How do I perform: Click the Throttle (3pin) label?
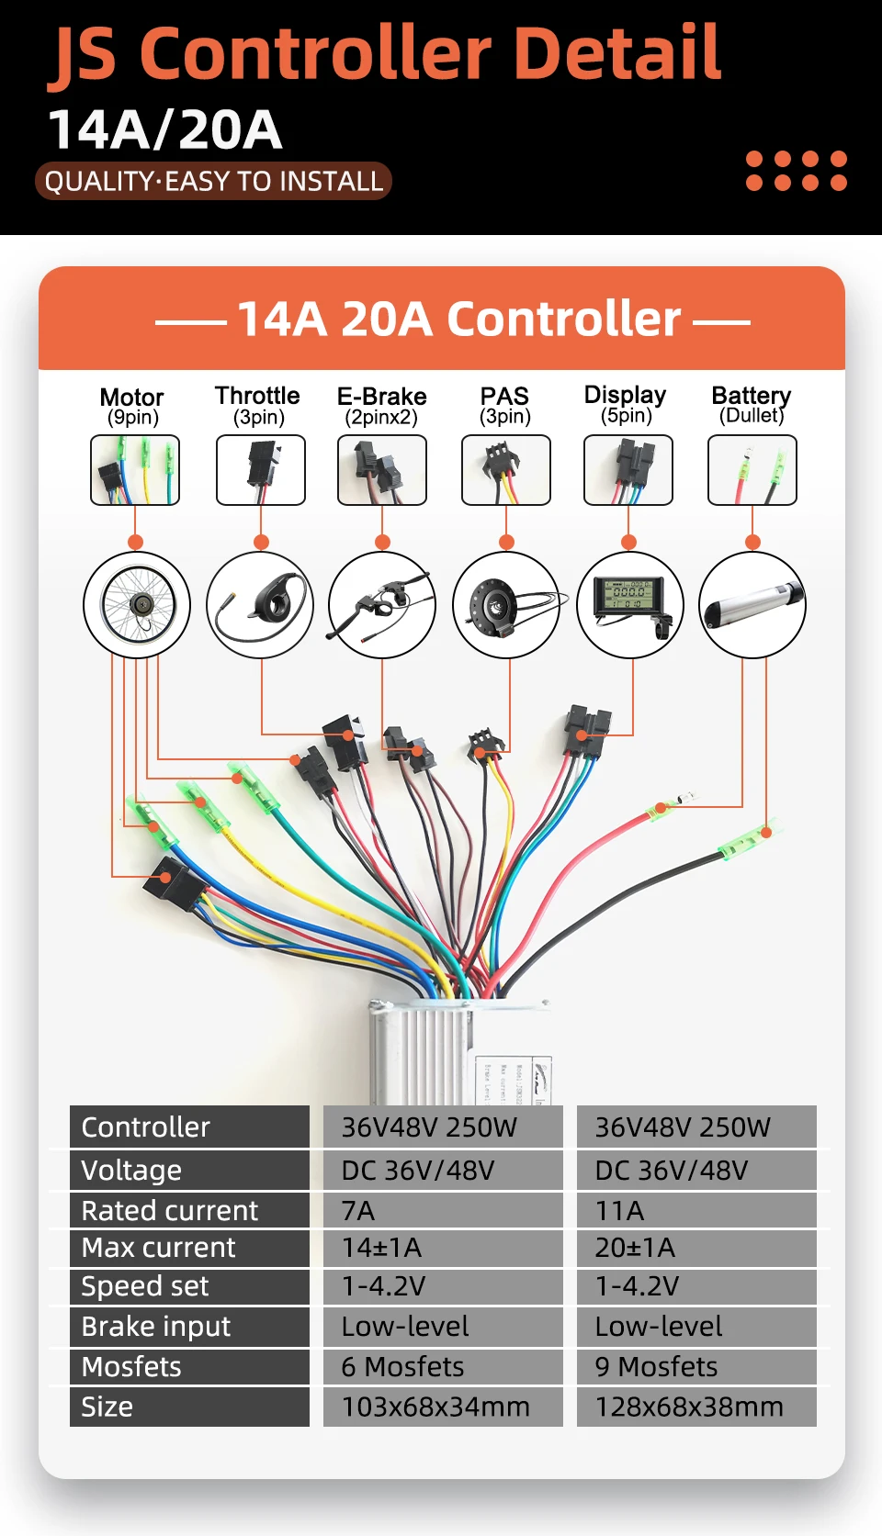tap(258, 406)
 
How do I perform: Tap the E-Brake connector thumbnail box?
tap(382, 470)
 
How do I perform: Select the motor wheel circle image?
tap(137, 604)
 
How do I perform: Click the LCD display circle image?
tap(630, 604)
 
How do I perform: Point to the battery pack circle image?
tap(752, 604)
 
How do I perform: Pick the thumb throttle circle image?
tap(260, 604)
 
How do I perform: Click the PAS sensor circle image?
tap(506, 604)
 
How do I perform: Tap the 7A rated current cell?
tap(443, 1211)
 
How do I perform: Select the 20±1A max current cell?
tap(696, 1248)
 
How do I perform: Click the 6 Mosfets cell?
tap(443, 1367)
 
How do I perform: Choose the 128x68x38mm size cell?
tap(696, 1407)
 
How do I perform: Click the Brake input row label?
tap(189, 1327)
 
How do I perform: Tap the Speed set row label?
tap(189, 1286)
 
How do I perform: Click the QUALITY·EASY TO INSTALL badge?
tap(213, 181)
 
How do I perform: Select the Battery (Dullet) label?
tap(752, 405)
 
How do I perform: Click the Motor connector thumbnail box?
tap(135, 470)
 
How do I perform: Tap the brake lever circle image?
tap(382, 604)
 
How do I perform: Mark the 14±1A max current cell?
tap(443, 1248)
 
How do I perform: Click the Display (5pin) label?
tap(626, 405)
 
